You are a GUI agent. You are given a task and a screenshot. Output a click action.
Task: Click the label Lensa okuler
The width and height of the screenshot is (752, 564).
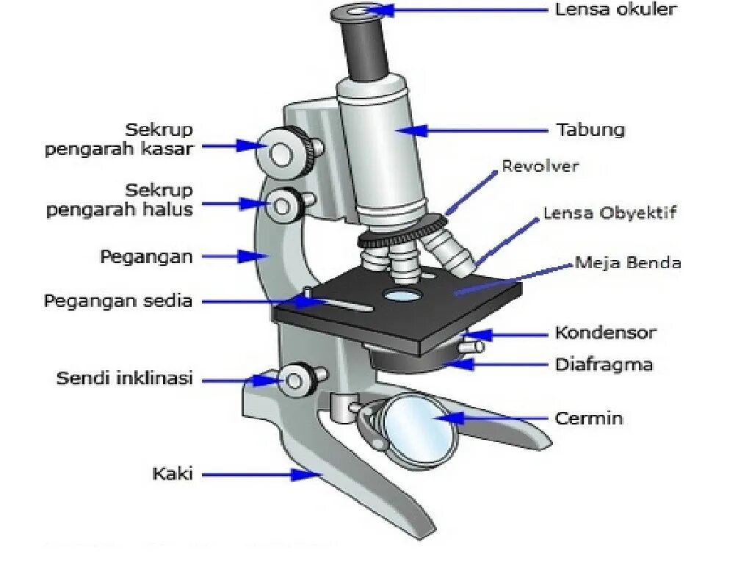[615, 10]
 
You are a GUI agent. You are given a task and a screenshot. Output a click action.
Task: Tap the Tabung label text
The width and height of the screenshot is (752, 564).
[590, 131]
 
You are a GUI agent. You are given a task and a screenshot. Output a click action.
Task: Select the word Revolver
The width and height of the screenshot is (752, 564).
[540, 166]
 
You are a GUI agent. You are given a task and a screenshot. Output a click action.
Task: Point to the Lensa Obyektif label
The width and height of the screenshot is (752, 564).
[610, 213]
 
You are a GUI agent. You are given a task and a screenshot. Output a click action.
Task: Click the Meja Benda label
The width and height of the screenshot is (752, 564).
[628, 262]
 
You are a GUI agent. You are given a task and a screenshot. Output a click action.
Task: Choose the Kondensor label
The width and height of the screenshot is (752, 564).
[605, 333]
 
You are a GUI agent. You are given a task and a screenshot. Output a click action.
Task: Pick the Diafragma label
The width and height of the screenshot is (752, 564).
[604, 364]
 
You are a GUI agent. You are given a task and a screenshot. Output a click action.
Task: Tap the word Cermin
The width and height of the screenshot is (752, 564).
[589, 419]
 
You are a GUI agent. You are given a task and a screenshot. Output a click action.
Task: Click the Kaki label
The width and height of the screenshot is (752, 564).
[173, 474]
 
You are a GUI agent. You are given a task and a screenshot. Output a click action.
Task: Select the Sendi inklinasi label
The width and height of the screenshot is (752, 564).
[125, 379]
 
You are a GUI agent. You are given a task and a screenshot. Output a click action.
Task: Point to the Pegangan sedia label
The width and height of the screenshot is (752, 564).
[118, 301]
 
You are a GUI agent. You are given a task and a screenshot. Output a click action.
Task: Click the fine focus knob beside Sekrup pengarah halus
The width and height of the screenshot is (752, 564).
[283, 206]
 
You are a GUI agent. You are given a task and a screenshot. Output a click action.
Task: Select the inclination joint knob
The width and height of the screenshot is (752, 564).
[297, 379]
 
